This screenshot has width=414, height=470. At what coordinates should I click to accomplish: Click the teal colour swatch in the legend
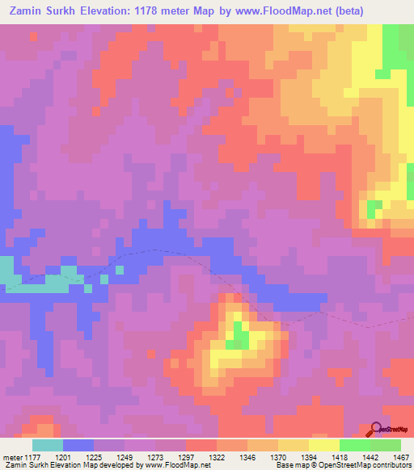pos(48,445)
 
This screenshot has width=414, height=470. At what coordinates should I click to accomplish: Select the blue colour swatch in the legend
pos(78,445)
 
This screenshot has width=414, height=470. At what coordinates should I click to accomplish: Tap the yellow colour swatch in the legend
pos(324,445)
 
